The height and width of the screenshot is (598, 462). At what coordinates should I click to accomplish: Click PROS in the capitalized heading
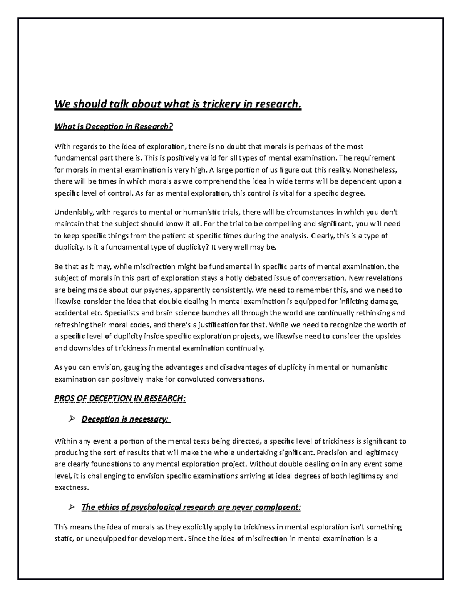click(x=63, y=399)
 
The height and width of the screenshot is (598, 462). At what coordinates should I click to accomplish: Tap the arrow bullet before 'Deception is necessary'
click(x=71, y=419)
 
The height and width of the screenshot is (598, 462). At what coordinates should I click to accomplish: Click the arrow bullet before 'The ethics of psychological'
click(x=71, y=507)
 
